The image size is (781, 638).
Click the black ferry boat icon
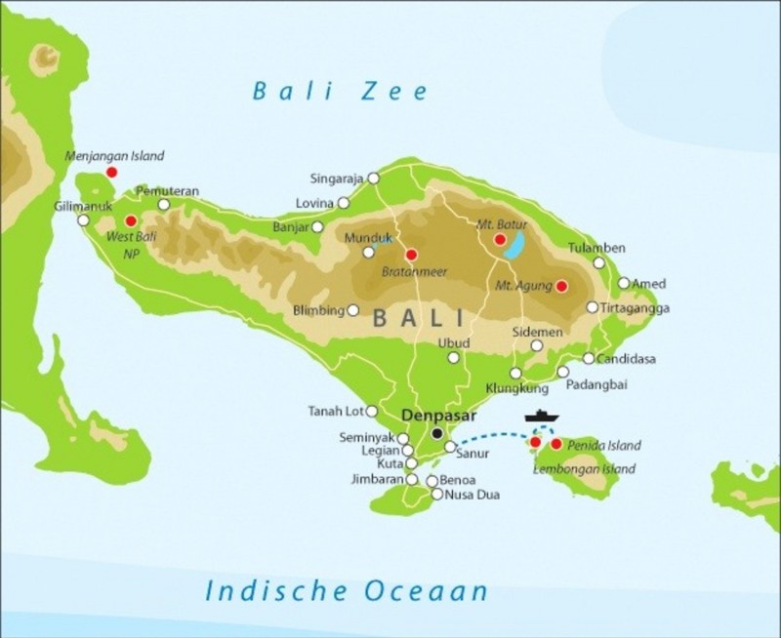(543, 417)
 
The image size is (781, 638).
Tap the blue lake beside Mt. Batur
(514, 245)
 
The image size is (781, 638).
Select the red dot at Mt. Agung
(561, 286)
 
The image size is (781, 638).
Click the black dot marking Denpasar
(437, 432)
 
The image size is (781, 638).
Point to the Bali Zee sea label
(340, 92)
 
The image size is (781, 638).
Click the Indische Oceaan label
(346, 589)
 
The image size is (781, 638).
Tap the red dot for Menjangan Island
(111, 172)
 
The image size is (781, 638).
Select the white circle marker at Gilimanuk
(84, 219)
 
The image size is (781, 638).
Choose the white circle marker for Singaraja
(372, 179)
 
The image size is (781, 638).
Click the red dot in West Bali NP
(131, 220)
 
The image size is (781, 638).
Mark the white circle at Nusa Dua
(436, 495)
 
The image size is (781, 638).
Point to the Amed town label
(649, 284)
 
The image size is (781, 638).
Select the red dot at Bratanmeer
(411, 255)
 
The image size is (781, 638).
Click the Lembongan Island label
(584, 469)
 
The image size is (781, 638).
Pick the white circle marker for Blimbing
(353, 311)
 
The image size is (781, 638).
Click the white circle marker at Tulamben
(599, 262)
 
